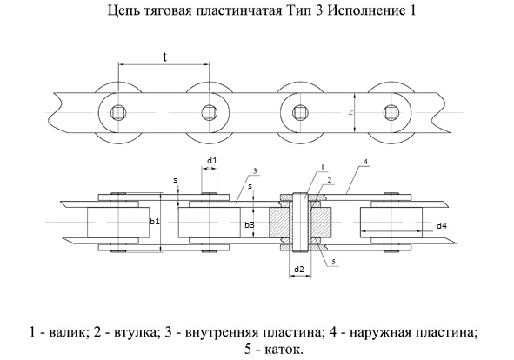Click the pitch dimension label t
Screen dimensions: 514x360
pyautogui.click(x=165, y=57)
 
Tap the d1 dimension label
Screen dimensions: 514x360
pyautogui.click(x=211, y=161)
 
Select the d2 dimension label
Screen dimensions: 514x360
pyautogui.click(x=299, y=270)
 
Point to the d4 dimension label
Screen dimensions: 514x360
pyautogui.click(x=442, y=225)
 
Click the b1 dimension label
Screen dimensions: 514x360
pyautogui.click(x=155, y=222)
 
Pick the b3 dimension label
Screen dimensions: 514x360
pyautogui.click(x=250, y=225)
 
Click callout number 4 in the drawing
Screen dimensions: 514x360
pyautogui.click(x=366, y=162)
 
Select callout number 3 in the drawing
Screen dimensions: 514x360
pyautogui.click(x=255, y=170)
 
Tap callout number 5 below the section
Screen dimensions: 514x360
pyautogui.click(x=333, y=262)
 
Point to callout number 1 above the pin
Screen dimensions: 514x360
pyautogui.click(x=323, y=167)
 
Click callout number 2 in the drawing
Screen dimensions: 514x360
pyautogui.click(x=329, y=180)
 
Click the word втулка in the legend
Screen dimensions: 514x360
pyautogui.click(x=135, y=333)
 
